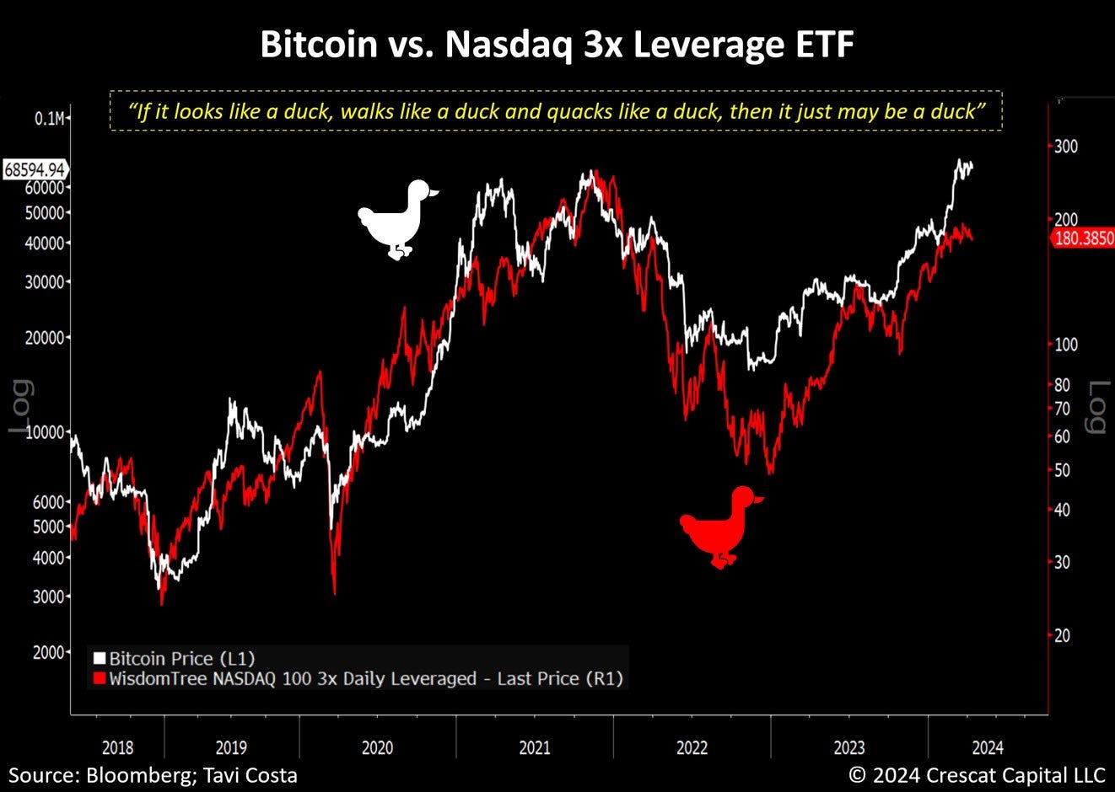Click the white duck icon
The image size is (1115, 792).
395,217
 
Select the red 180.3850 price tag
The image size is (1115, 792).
1084,238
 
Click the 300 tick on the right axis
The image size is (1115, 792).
1066,147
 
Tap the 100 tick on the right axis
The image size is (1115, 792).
1066,344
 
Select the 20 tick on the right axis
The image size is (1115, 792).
1064,635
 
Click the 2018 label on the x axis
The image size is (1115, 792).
117,747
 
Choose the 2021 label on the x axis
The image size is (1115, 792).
535,747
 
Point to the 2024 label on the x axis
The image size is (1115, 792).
988,747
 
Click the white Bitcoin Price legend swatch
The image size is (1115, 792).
100,659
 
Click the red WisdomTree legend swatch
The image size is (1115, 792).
100,679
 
